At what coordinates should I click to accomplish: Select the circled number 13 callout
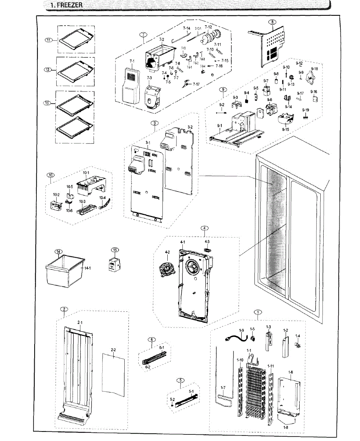tap(47, 103)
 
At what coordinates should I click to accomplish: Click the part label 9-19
tap(306, 110)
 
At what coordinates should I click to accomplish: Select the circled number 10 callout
tap(51, 175)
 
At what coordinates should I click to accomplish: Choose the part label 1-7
tap(223, 388)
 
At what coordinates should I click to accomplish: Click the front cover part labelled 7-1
tap(129, 86)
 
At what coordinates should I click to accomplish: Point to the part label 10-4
tap(103, 197)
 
